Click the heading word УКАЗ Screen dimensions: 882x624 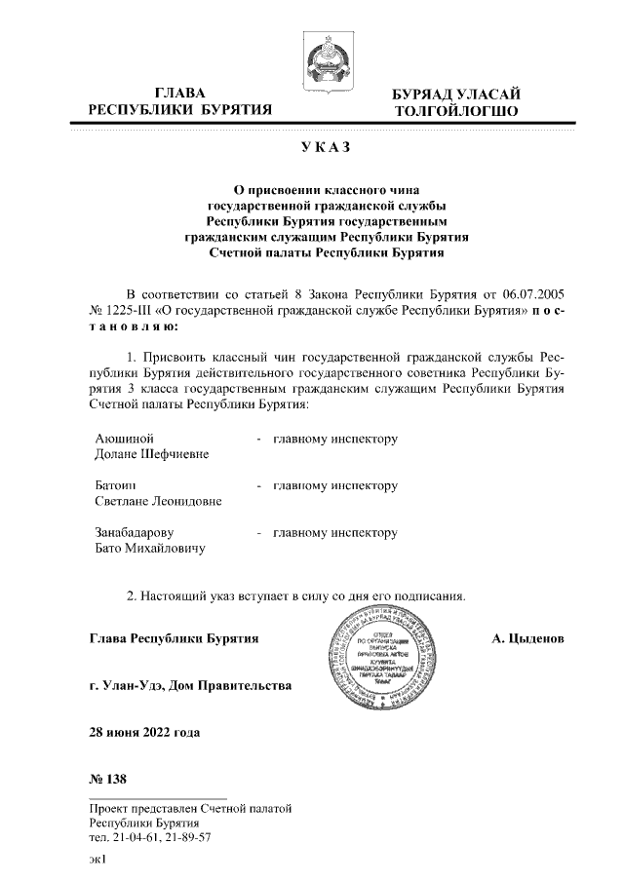tap(327, 148)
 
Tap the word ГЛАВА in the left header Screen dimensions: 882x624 tap(179, 93)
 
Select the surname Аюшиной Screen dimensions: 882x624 tap(124, 439)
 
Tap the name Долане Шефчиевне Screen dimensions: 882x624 tap(151, 455)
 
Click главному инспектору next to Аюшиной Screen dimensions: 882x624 tap(335, 439)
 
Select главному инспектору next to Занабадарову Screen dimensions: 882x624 tap(335, 533)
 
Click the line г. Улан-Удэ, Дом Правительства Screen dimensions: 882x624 tap(189, 686)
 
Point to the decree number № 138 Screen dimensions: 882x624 tap(107, 780)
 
